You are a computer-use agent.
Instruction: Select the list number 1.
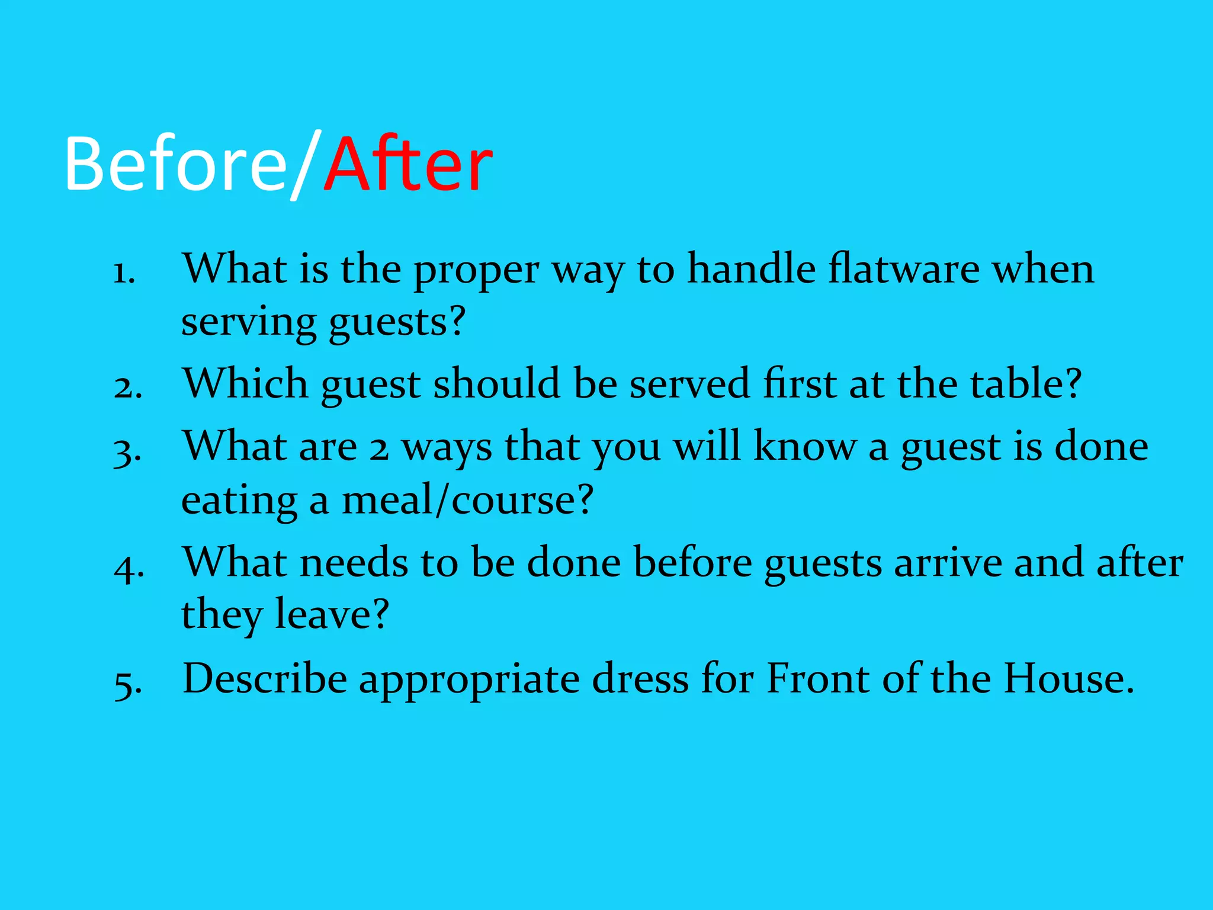124,273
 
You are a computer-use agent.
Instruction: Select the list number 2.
127,388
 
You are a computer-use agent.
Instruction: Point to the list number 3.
127,451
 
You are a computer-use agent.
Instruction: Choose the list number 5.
127,683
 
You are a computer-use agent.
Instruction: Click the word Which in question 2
245,383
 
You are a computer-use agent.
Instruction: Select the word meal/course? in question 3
467,501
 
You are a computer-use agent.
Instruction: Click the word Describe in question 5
265,678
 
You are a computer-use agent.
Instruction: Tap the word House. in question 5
1068,678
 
